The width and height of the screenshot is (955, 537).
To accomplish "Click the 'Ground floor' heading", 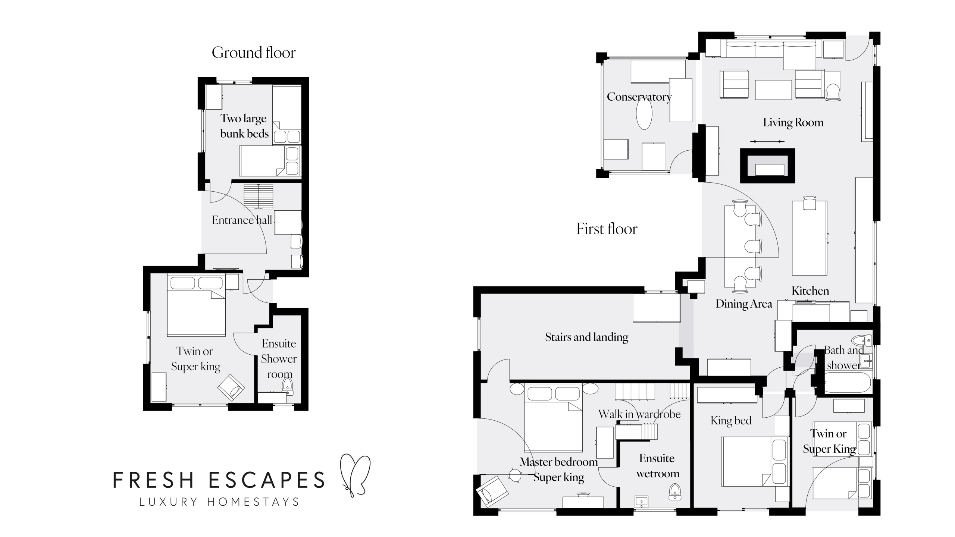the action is click(254, 53).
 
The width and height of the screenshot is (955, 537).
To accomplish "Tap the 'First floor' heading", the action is click(607, 229).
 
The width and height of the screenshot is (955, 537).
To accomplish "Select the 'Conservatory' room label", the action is click(639, 97).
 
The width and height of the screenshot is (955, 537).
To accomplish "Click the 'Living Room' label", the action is click(793, 123).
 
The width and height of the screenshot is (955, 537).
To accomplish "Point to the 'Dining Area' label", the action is click(744, 304).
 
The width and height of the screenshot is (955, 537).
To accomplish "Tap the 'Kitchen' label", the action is click(810, 291).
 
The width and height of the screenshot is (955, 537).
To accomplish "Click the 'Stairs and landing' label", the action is click(587, 337).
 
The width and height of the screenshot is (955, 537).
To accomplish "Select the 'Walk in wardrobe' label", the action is click(639, 414).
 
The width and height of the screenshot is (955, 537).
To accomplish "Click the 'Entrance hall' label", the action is click(242, 220).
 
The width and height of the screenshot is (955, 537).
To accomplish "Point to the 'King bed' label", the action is click(731, 421).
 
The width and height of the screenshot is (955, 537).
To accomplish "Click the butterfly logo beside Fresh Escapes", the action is click(354, 474).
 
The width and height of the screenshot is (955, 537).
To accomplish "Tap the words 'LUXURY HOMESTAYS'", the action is click(219, 502).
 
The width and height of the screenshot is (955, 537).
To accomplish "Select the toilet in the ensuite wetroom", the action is click(675, 492).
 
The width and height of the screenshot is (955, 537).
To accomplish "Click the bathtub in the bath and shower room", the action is click(847, 383).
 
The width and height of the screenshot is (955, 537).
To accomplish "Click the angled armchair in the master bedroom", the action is click(492, 491).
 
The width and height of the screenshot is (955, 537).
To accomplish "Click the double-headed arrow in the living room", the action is click(767, 141).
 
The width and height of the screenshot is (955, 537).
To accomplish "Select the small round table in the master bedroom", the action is click(515, 475).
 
